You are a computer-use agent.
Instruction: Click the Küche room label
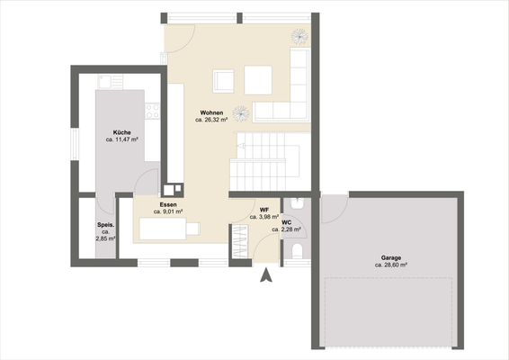point(121,132)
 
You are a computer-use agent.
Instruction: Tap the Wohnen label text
point(211,112)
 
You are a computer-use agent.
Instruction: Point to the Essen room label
point(168,204)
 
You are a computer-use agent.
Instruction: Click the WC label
point(287,222)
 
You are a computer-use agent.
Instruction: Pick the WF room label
point(264,209)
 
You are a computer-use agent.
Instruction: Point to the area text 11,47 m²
point(122,140)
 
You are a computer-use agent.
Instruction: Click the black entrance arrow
point(265,277)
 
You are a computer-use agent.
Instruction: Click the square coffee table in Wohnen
point(259,80)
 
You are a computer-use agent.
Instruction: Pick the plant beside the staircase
point(241,112)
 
